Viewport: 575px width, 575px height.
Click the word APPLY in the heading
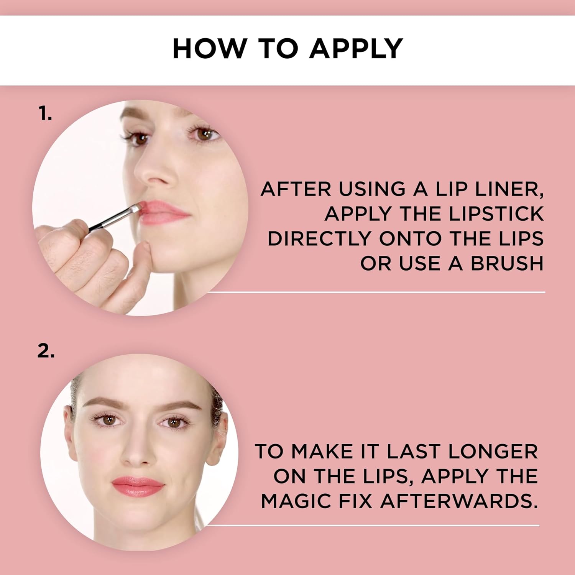click(x=356, y=49)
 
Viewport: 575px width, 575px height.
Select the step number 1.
click(x=45, y=114)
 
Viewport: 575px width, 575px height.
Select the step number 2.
click(x=46, y=351)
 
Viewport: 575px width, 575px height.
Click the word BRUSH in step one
click(x=507, y=264)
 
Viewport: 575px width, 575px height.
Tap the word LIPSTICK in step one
click(x=496, y=214)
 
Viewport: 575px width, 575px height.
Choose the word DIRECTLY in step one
click(x=319, y=239)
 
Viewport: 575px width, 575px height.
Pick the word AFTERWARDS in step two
click(x=459, y=501)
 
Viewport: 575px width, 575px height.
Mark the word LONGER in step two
click(x=493, y=452)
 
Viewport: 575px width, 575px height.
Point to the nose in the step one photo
click(x=155, y=172)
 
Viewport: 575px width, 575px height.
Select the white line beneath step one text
click(x=376, y=292)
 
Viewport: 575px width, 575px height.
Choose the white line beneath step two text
click(x=372, y=525)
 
